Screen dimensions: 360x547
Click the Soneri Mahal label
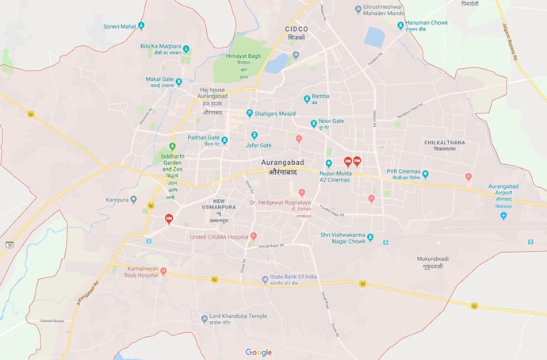[x=119, y=25]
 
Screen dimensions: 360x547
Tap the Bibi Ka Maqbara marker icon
[x=185, y=49]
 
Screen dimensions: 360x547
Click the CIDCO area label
[x=296, y=29]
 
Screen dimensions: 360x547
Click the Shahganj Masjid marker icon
[x=250, y=113]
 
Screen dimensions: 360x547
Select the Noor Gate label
[x=331, y=121]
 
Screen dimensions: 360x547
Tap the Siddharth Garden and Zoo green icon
[x=172, y=147]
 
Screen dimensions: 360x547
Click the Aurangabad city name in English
[x=282, y=162]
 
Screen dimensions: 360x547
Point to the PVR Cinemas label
[x=402, y=171]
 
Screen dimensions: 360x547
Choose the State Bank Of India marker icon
[x=266, y=279]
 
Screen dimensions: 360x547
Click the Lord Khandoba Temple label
[x=238, y=316]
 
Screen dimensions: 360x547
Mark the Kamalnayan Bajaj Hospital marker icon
[x=163, y=271]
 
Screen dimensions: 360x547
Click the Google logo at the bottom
[x=258, y=352]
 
